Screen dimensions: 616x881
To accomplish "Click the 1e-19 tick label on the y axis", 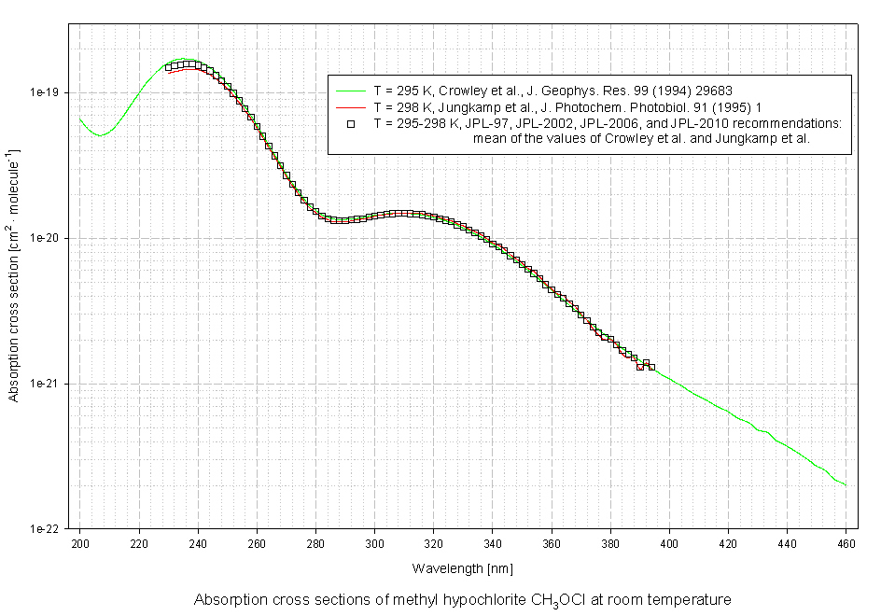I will pyautogui.click(x=46, y=92).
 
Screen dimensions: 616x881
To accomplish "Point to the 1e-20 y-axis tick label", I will pyautogui.click(x=46, y=238).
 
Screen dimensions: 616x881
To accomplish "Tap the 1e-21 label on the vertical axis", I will pyautogui.click(x=46, y=384).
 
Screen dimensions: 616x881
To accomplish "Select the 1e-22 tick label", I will pyautogui.click(x=46, y=529).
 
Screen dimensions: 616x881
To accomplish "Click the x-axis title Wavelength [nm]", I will pyautogui.click(x=462, y=567).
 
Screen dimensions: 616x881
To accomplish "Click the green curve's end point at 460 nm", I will pyautogui.click(x=846, y=485).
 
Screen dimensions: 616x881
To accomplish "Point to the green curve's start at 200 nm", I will pyautogui.click(x=79, y=119).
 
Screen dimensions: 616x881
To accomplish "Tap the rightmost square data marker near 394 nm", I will pyautogui.click(x=650, y=367).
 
